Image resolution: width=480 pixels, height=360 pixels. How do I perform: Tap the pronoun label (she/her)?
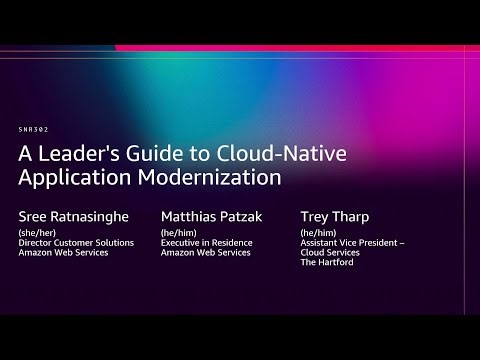37,233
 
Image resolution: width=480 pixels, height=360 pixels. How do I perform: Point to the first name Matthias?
191,215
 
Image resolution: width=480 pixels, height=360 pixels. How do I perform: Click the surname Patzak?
250,215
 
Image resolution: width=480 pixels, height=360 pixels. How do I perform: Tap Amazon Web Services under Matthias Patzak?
208,254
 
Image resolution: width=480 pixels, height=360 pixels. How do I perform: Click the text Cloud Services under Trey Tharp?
329,254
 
